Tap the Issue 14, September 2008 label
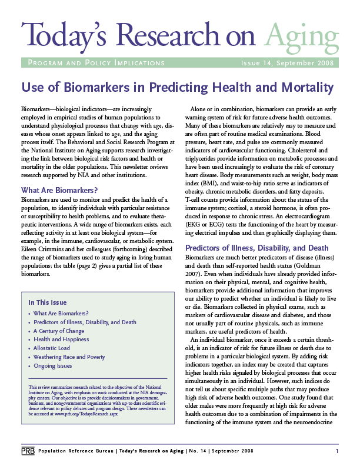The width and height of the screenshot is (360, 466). tap(288, 63)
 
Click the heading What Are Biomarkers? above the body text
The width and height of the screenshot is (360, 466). tap(59, 190)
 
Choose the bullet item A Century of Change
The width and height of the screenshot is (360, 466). tap(59, 331)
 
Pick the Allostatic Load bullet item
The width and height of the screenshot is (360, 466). tap(54, 348)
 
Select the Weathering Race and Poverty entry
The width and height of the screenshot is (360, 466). tap(69, 357)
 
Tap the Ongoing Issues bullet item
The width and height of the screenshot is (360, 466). tap(53, 366)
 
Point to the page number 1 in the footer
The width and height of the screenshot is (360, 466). tap(337, 451)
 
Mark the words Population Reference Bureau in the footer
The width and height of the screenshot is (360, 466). tap(71, 451)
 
